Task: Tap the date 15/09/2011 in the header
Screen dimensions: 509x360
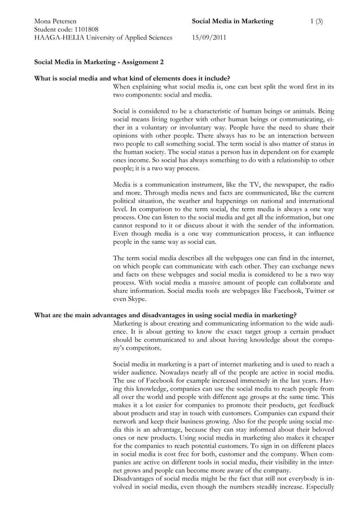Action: coord(209,38)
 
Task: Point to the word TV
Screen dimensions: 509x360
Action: coord(254,185)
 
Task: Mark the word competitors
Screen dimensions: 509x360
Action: coord(141,348)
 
